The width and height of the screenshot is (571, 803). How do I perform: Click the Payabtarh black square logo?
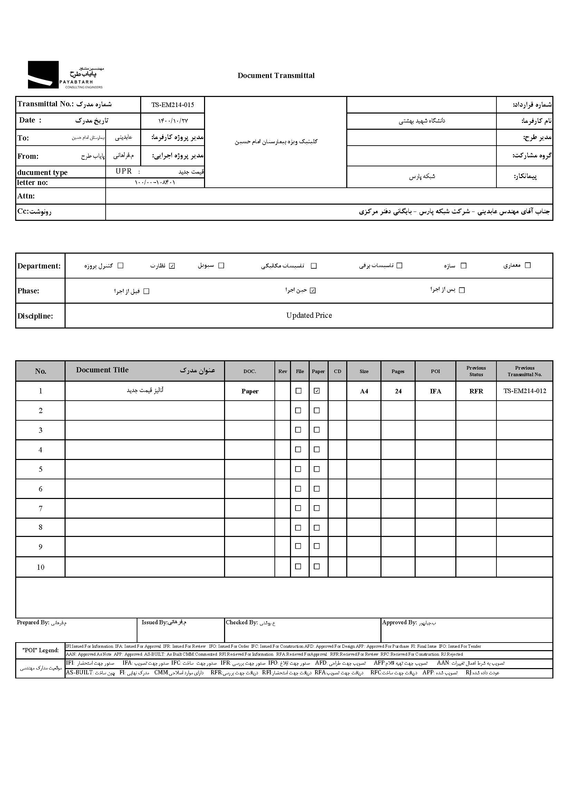coord(43,75)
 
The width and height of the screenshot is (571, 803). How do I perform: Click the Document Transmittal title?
coord(276,76)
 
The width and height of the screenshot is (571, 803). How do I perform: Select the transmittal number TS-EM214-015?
coord(172,105)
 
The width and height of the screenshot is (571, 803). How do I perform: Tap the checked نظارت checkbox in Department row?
coord(172,266)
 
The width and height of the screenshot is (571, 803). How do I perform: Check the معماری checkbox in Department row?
coord(528,265)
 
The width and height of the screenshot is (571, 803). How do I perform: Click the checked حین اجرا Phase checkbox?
coord(313,290)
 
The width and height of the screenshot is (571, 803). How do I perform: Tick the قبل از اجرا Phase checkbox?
coord(147,291)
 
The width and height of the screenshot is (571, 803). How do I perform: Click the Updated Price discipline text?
coord(309,315)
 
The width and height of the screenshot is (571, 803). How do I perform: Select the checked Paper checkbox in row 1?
coord(317,391)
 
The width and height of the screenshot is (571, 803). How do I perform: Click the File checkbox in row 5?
coord(298,469)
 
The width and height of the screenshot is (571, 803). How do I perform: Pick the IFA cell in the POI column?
coord(435,391)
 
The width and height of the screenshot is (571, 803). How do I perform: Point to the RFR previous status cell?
coord(476,391)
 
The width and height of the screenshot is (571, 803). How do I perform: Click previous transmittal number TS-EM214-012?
coord(525,391)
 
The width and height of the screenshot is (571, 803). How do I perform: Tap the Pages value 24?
coord(398,391)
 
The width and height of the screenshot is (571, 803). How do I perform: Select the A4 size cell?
coord(364,391)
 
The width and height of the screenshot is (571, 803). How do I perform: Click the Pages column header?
coord(398,371)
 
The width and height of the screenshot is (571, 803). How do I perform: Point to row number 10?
coord(40,567)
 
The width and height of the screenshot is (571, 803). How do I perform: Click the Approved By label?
coord(399,623)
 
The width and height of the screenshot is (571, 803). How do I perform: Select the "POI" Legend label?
coord(40,650)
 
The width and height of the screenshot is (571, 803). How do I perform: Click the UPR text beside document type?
coord(124,171)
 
